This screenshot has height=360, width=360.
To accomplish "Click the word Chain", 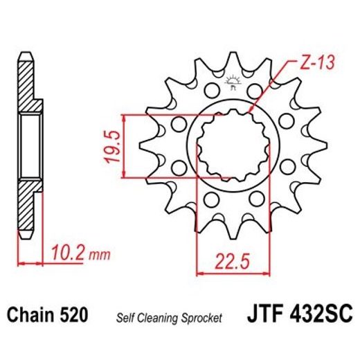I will (x=30, y=316).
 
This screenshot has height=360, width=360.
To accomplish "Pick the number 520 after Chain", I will (x=73, y=316).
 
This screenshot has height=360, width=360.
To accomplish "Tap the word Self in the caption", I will (x=125, y=318).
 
